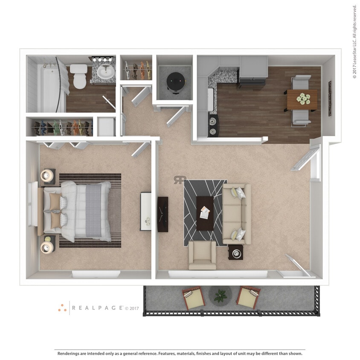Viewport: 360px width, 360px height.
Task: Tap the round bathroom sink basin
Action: tap(105, 73)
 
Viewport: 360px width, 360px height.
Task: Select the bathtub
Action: tap(47, 87)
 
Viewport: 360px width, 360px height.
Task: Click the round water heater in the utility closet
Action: tap(175, 80)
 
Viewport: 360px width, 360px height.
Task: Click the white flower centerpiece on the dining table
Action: tap(303, 99)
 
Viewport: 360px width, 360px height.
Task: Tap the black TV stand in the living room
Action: tap(163, 214)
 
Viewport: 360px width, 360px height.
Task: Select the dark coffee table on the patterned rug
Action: tap(205, 213)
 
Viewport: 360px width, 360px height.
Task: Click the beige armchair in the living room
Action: tap(202, 254)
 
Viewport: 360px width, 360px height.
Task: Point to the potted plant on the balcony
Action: tap(221, 295)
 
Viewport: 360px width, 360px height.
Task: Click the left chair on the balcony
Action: tap(194, 297)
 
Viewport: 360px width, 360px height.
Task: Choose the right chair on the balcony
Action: tap(249, 297)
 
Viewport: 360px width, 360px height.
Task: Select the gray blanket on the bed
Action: tap(93, 211)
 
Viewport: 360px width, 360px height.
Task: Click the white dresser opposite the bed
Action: tap(146, 212)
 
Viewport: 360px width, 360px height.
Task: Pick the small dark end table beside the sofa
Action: tap(236, 253)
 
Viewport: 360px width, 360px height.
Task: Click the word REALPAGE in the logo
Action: tap(97, 308)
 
